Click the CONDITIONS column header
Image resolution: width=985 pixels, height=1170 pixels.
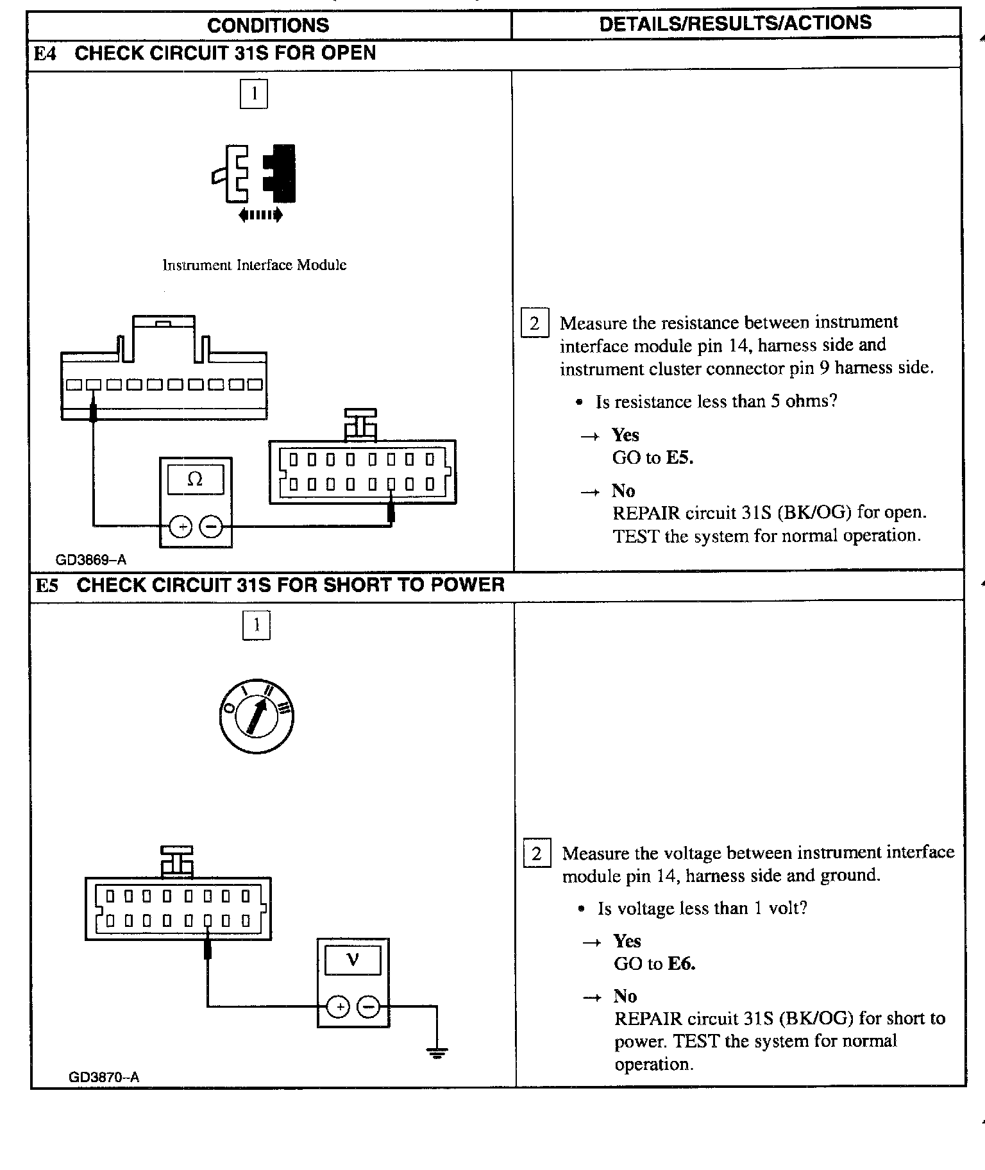click(x=268, y=25)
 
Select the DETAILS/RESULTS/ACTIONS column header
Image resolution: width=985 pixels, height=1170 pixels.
click(x=735, y=23)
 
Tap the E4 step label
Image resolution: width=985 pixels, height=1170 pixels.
click(x=45, y=53)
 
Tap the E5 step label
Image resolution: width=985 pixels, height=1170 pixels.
click(x=46, y=585)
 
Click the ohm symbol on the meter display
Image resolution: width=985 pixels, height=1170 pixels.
click(x=195, y=479)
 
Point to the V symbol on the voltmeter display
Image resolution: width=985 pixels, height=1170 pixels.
click(x=352, y=960)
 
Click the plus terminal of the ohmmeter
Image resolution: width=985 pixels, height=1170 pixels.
click(x=181, y=527)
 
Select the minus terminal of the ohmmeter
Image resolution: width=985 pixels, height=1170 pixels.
click(x=211, y=527)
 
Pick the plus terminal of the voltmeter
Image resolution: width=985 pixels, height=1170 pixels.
click(x=339, y=1007)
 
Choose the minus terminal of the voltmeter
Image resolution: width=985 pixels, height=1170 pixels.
click(x=368, y=1007)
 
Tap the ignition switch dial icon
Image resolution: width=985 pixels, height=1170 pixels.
click(x=256, y=716)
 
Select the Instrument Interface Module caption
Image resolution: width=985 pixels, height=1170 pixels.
click(x=254, y=266)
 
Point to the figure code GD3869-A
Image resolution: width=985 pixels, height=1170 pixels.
click(x=91, y=560)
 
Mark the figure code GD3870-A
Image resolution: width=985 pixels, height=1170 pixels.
click(x=103, y=1077)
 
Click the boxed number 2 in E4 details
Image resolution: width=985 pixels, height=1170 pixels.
click(x=535, y=323)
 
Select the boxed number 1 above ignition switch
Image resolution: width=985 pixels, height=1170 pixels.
click(x=257, y=625)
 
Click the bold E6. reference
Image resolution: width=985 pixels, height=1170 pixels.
click(x=681, y=963)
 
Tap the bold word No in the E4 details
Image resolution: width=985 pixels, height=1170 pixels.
click(x=623, y=491)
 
